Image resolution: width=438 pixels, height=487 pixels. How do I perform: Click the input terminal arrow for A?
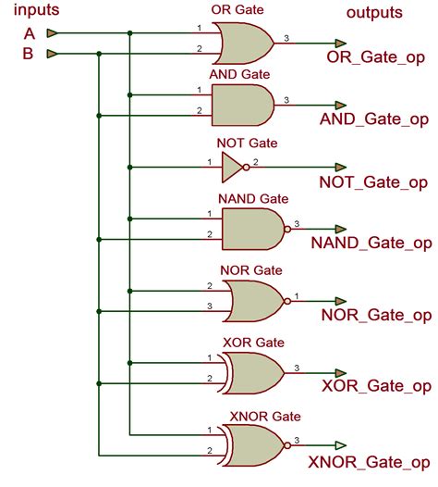pyautogui.click(x=54, y=33)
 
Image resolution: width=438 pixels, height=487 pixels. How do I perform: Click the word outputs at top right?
pyautogui.click(x=374, y=13)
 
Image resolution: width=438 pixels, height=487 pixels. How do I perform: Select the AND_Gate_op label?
pyautogui.click(x=374, y=119)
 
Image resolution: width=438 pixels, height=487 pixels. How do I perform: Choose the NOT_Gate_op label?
pyautogui.click(x=374, y=182)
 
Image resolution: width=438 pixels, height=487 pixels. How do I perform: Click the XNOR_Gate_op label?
pyautogui.click(x=370, y=460)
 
